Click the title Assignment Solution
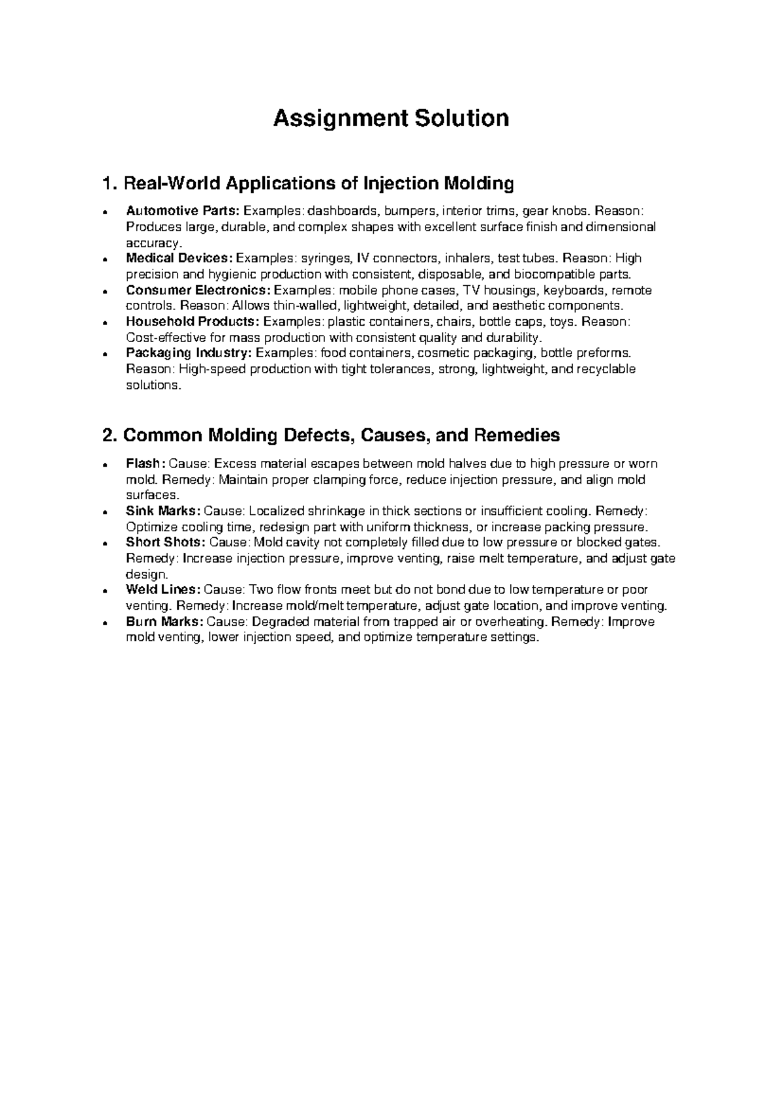(x=391, y=119)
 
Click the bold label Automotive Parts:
(x=183, y=211)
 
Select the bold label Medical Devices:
(x=179, y=258)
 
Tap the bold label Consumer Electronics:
(x=198, y=290)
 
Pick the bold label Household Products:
(x=192, y=321)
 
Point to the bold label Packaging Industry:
(x=189, y=353)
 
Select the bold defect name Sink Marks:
(x=163, y=511)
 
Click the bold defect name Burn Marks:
(x=164, y=621)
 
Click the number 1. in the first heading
(x=110, y=184)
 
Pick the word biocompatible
(x=554, y=273)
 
